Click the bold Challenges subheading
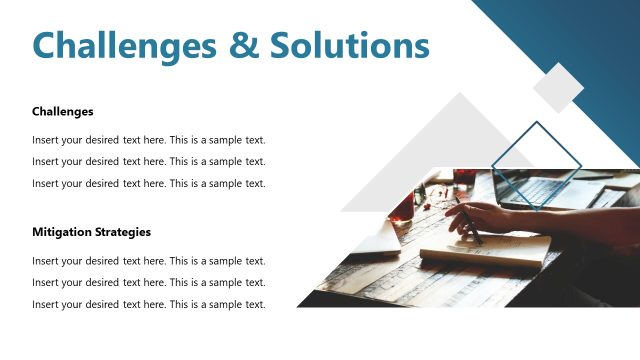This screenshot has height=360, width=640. [x=62, y=111]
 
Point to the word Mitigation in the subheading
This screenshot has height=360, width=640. [x=62, y=232]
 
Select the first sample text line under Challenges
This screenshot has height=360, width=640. [x=148, y=140]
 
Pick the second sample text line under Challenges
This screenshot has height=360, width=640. [x=148, y=161]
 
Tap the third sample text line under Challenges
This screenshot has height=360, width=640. [x=148, y=183]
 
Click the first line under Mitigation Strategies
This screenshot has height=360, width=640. [x=148, y=261]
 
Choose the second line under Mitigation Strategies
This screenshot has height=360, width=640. [x=148, y=283]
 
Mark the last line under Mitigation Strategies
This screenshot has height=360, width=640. [x=148, y=304]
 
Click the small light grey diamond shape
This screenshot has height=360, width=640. [x=558, y=87]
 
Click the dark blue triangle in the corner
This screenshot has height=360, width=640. [x=590, y=40]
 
